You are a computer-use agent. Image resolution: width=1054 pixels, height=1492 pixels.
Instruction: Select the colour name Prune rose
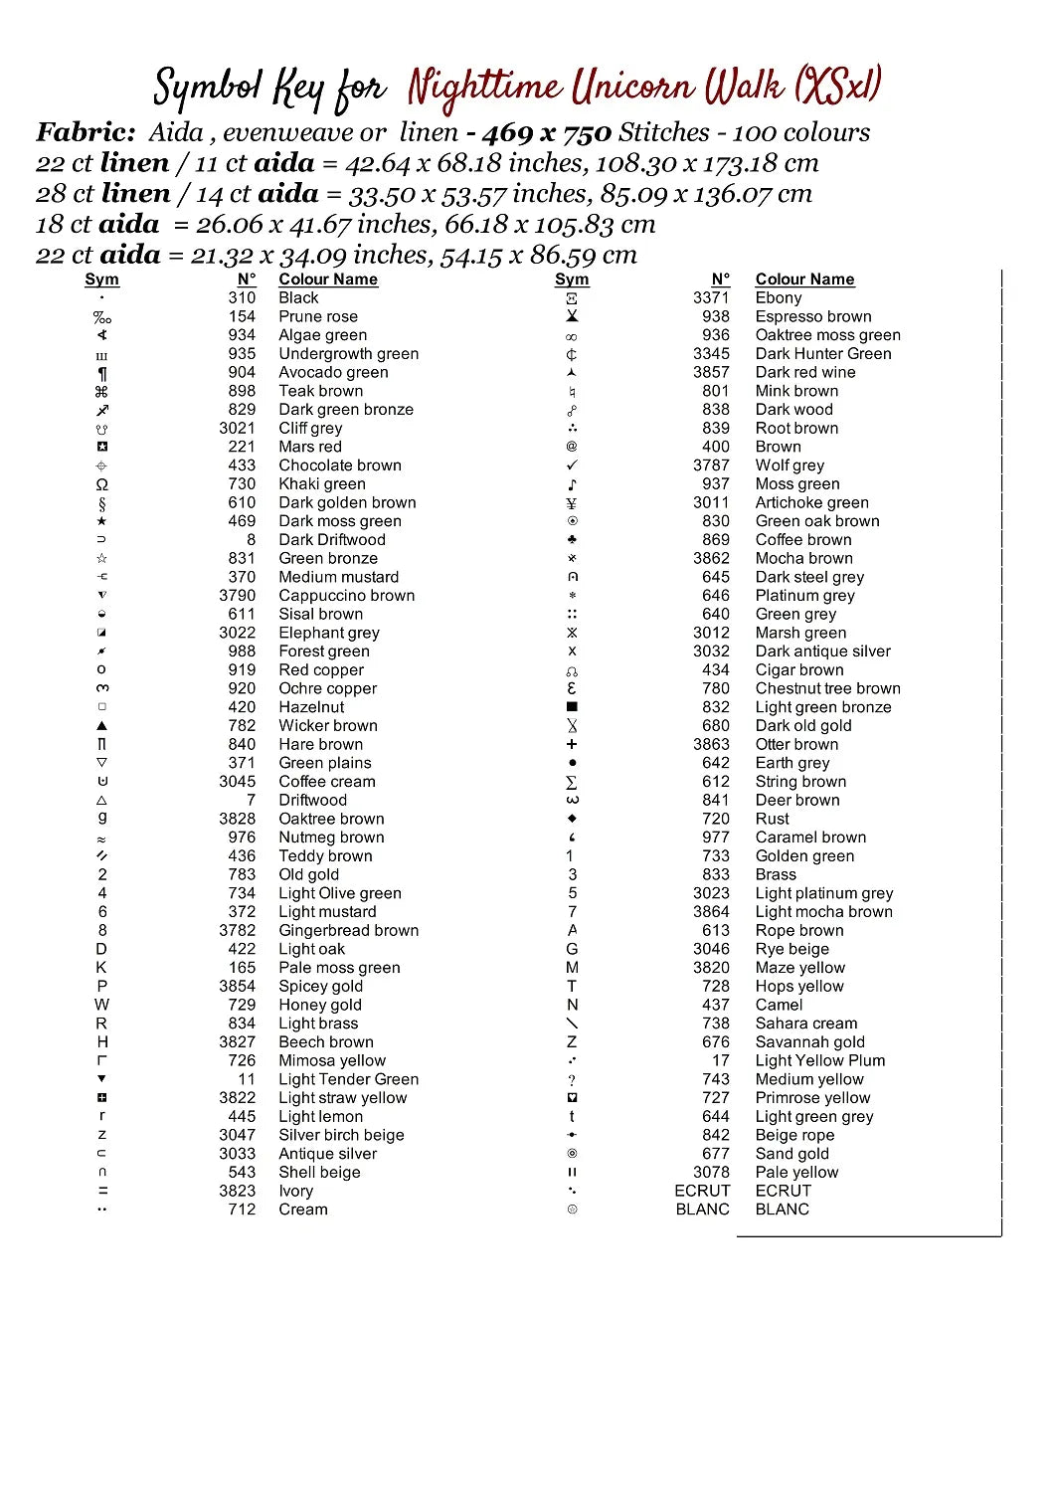(317, 316)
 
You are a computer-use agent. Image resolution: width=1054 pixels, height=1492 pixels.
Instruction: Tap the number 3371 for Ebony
(711, 297)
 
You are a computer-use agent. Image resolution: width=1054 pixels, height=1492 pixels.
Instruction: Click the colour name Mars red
(309, 447)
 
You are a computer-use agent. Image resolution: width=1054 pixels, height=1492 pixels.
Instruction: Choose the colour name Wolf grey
(790, 466)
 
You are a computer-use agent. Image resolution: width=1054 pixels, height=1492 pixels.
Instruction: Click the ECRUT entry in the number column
(702, 1191)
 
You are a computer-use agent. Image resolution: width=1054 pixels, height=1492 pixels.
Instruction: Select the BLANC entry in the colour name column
(782, 1210)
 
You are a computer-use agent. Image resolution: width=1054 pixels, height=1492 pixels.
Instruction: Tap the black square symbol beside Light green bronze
(572, 707)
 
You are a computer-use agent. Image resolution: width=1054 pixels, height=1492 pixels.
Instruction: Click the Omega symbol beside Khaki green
(101, 484)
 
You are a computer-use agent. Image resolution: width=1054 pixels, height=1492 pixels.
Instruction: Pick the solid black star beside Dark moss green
(101, 521)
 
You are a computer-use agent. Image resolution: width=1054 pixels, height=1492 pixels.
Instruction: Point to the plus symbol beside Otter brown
(572, 744)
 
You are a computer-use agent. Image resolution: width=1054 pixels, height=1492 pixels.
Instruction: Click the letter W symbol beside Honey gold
(101, 1005)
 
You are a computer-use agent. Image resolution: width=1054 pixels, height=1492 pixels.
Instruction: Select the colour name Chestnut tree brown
(827, 688)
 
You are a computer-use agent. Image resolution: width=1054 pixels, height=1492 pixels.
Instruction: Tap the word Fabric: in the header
(86, 132)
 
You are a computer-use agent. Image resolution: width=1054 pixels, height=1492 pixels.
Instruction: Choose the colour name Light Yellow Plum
(819, 1060)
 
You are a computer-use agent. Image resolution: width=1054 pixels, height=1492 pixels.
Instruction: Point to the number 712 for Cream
(242, 1210)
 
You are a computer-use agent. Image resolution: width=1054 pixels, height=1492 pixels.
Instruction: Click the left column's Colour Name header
(328, 280)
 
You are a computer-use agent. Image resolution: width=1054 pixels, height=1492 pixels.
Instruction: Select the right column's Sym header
(572, 280)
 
